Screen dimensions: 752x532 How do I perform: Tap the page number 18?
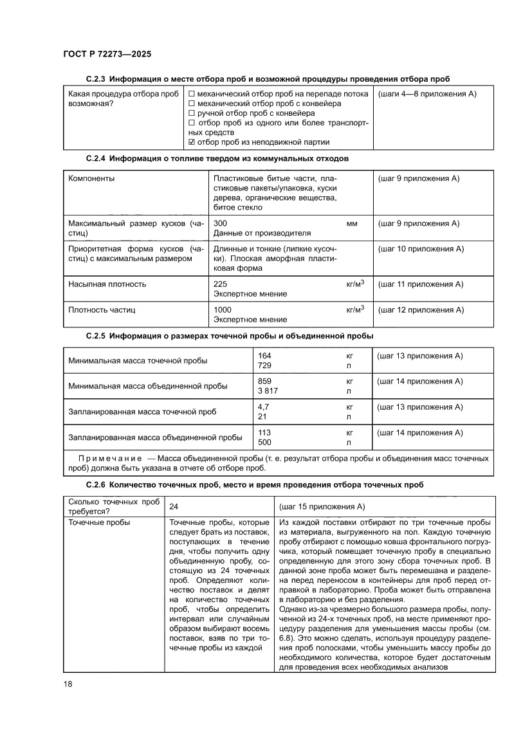[68, 683]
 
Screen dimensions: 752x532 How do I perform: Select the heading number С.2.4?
[96, 157]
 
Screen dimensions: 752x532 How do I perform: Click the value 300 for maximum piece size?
[221, 223]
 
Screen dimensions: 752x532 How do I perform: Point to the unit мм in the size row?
[351, 223]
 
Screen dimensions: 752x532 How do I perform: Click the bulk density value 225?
[221, 284]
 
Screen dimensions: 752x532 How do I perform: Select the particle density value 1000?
[223, 309]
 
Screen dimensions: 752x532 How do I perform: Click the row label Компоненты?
[92, 178]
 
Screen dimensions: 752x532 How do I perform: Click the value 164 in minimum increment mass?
[264, 356]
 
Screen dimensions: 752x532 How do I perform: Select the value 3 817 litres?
[268, 390]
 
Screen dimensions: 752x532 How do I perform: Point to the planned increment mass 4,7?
[262, 407]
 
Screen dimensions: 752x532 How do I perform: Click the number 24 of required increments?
[174, 506]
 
